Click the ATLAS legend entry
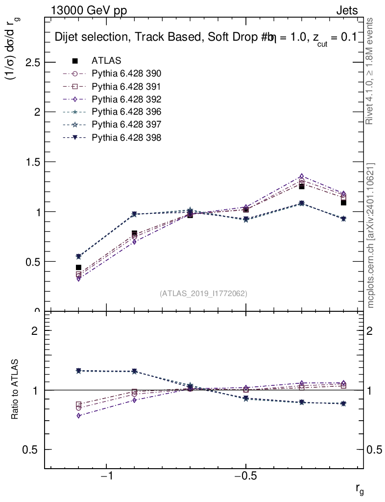[x=106, y=61]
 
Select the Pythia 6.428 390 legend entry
[x=126, y=74]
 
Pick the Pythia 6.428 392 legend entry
[x=126, y=99]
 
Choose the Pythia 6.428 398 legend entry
[x=126, y=138]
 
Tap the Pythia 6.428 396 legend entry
[x=126, y=112]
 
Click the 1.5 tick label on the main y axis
[x=31, y=162]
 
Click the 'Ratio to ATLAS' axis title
[x=16, y=389]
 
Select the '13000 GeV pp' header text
[x=88, y=11]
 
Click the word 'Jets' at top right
[x=346, y=11]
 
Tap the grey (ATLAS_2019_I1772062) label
[x=203, y=294]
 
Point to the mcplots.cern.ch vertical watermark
[x=371, y=235]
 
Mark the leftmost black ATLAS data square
[x=78, y=267]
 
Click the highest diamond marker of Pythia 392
[x=302, y=176]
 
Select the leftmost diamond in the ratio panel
[x=78, y=416]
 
